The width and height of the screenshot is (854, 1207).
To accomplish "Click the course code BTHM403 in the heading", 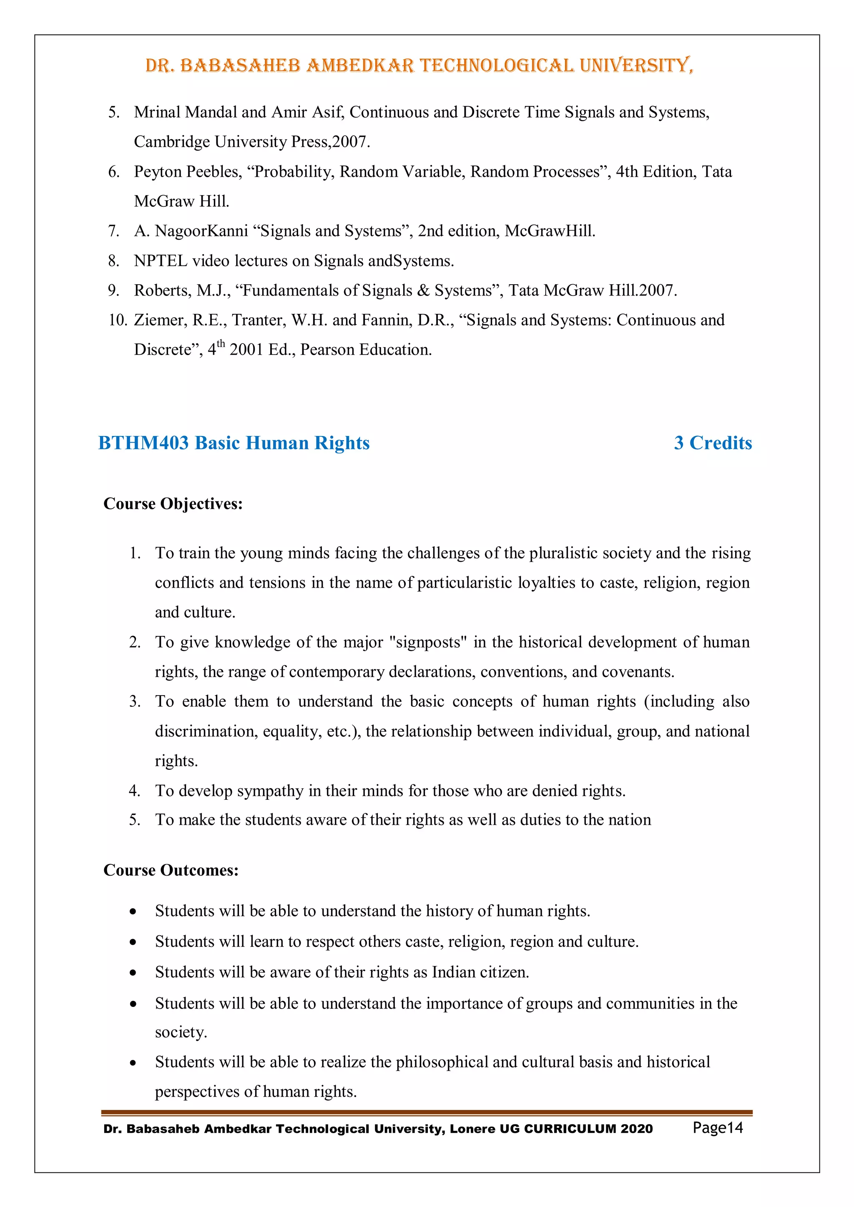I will tap(143, 443).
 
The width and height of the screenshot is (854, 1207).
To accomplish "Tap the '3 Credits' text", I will tap(713, 443).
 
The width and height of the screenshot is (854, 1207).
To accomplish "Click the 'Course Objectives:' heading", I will tap(173, 503).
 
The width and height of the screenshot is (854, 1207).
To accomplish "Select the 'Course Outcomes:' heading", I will tap(171, 870).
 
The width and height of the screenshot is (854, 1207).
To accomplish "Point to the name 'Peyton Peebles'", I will tap(187, 172).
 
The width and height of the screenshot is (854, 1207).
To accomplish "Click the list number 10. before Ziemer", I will tap(117, 320).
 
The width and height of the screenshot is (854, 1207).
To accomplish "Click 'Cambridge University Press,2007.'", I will tap(252, 142).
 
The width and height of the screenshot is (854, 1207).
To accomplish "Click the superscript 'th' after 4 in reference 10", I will tap(221, 344).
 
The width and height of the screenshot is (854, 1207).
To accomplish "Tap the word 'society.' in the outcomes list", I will tap(181, 1032).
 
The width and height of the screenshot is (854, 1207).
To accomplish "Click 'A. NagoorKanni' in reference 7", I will tap(191, 231).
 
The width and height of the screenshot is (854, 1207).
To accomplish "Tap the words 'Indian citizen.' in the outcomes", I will tap(480, 972).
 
